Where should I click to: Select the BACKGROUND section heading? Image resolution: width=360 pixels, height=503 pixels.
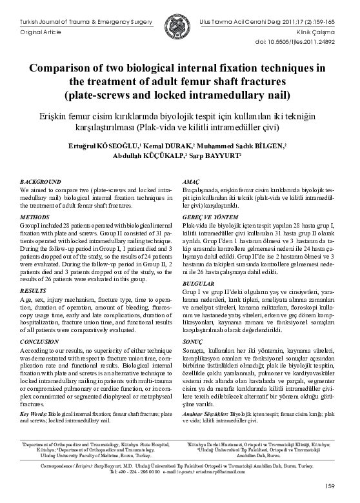[41, 183]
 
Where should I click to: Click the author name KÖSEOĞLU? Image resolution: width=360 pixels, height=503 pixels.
[119, 147]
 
